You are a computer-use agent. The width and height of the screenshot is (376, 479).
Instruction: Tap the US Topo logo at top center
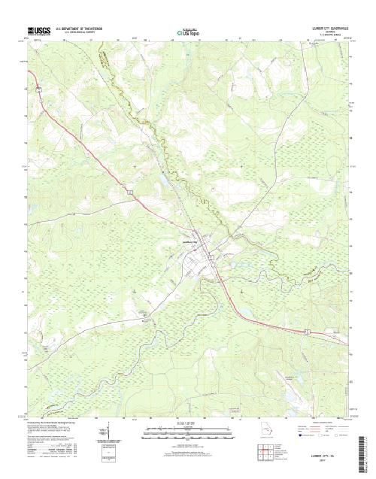[188, 32]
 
